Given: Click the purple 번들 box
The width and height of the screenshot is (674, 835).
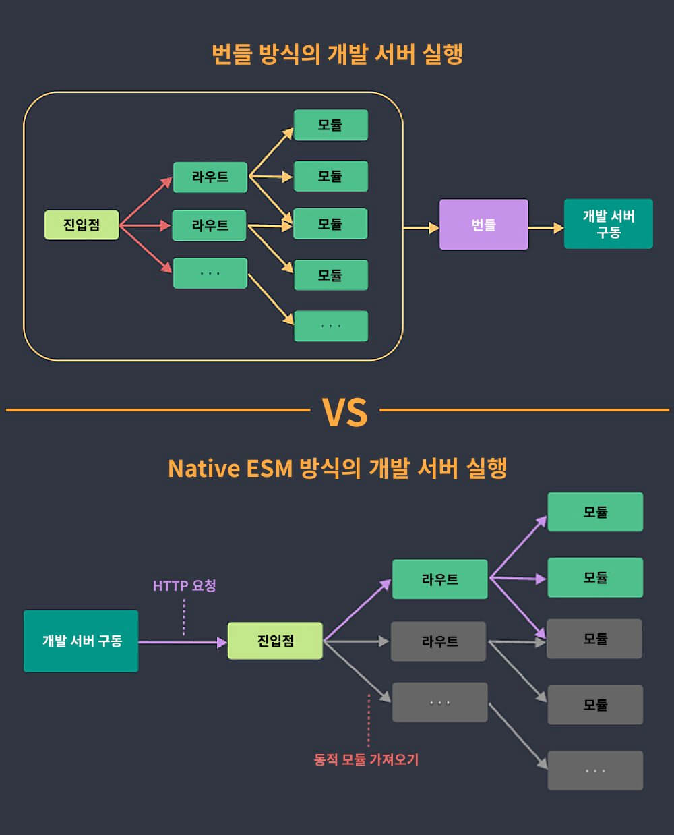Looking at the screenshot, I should pos(483,225).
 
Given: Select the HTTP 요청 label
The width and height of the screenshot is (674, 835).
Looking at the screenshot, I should pos(184,585).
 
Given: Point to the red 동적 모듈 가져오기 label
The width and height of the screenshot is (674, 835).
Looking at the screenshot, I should pos(366,759).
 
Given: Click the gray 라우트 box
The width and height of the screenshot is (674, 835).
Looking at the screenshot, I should pos(439,641).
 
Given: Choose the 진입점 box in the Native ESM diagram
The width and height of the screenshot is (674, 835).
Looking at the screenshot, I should pos(275,641).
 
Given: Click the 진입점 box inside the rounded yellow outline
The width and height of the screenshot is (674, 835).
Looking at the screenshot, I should pos(82,225).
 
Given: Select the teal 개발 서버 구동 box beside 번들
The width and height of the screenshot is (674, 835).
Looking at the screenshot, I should pos(608,224).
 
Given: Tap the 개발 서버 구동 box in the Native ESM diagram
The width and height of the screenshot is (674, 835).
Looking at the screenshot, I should pos(81,641).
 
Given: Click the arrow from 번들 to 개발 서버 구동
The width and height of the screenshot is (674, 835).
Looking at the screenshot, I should pos(545,228).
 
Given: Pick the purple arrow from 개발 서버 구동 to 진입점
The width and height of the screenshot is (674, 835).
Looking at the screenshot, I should pos(183,642).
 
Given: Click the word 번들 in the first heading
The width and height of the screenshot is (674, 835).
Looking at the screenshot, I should pos(231,54).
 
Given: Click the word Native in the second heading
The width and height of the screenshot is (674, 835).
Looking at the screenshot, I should pos(204,468).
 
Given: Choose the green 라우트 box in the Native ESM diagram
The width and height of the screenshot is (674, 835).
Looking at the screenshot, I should pos(439,579).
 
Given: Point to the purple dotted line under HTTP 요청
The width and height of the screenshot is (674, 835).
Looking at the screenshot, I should pos(184,616).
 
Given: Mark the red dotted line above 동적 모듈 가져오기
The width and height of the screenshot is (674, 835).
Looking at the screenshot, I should pos(369,720).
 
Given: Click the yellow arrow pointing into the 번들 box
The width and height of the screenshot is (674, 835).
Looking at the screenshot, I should pos(421,228).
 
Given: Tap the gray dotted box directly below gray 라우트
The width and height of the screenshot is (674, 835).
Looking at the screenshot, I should pos(439,703).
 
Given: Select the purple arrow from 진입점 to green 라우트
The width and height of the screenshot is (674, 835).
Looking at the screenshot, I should pos(357,610).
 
